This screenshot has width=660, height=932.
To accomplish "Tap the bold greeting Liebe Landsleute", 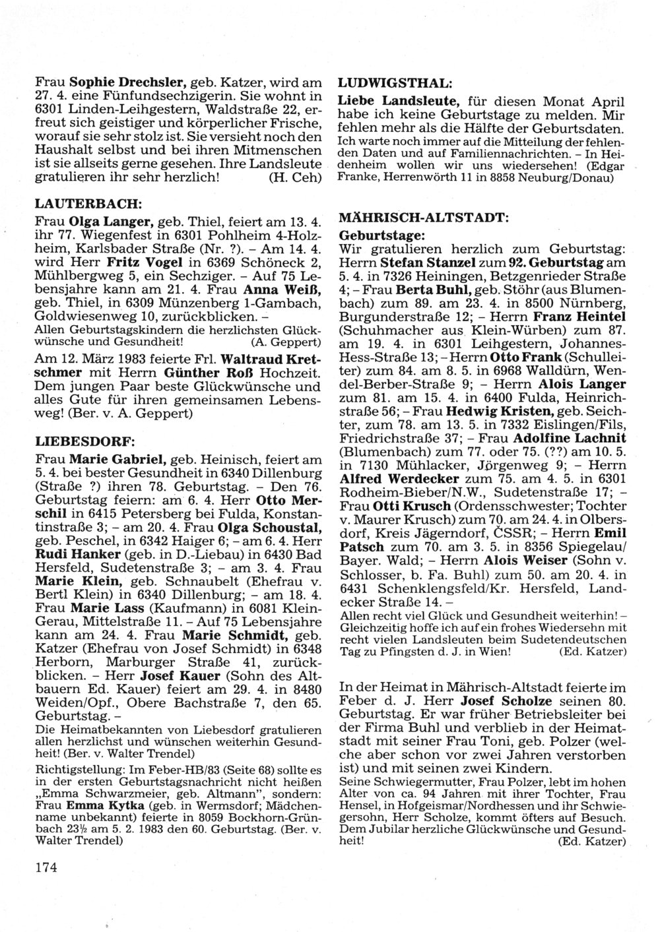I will pos(399,102).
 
